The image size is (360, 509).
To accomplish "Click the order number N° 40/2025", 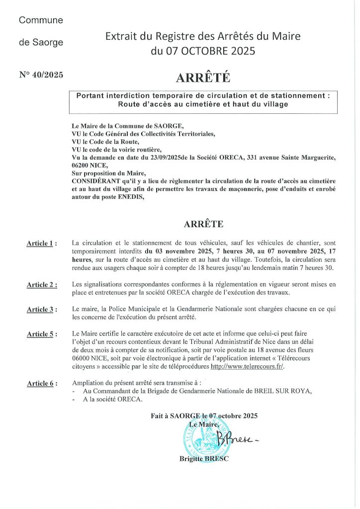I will coord(41,76).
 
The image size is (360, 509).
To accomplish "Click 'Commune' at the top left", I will coord(41,20).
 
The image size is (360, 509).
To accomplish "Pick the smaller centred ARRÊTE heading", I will coord(203,224).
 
